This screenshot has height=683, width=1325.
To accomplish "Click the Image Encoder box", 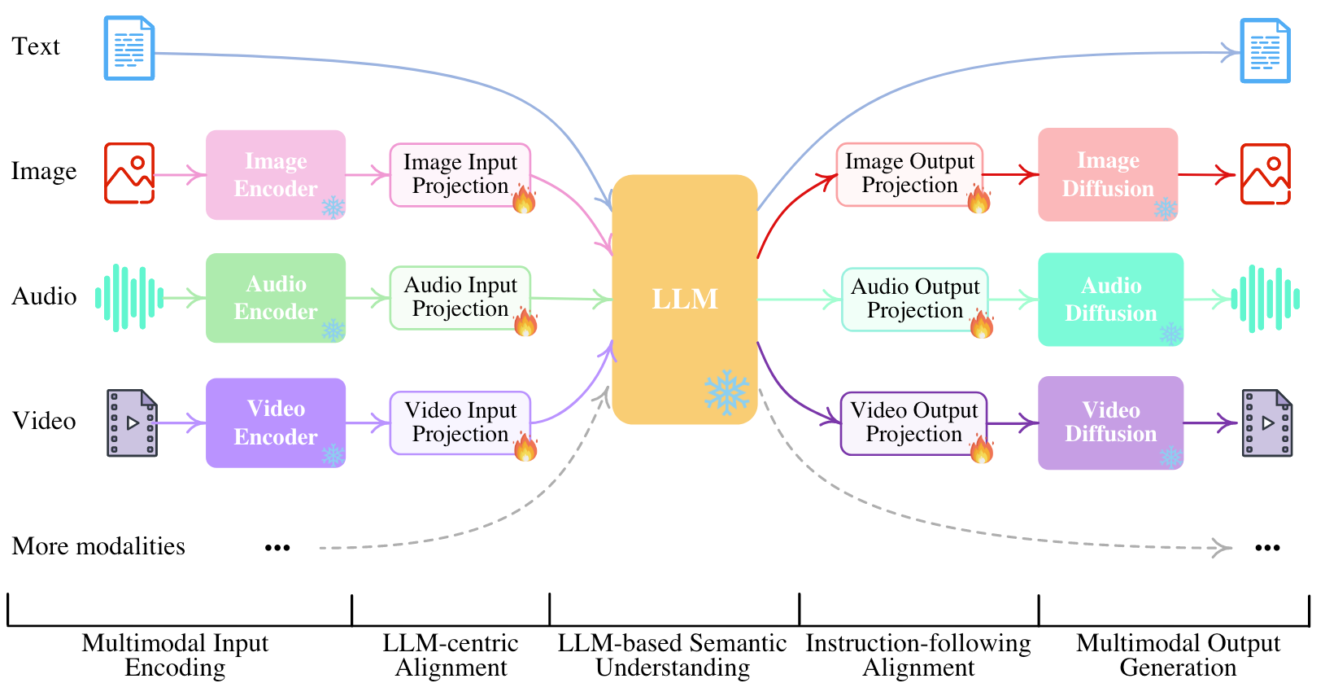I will (x=276, y=175).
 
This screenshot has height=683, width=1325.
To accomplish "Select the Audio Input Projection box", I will (x=460, y=298).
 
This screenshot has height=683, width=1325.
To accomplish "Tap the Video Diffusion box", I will (x=1110, y=422).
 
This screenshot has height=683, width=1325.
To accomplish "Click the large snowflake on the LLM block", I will (x=726, y=392).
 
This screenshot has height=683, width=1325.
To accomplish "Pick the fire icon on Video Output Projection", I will (x=982, y=449).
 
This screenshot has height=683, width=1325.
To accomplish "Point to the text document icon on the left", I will (x=129, y=49).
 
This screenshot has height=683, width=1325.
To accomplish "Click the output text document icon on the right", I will (x=1265, y=51).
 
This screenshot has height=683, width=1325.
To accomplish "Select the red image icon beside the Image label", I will (x=129, y=173).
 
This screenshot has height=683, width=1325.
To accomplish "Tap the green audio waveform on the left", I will (x=129, y=298).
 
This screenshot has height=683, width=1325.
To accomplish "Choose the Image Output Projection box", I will (x=909, y=174).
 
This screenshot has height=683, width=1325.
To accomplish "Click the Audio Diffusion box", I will (x=1110, y=300).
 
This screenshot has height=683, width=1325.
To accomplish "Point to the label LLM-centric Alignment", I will (x=451, y=655).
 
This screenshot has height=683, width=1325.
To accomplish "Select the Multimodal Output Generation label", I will (x=1178, y=655).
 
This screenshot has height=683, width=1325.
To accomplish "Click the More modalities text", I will (x=98, y=546).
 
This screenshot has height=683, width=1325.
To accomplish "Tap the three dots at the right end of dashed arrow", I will (x=1267, y=548).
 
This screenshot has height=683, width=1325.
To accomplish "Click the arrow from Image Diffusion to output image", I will (x=1207, y=174).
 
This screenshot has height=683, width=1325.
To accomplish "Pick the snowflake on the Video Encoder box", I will (x=333, y=454).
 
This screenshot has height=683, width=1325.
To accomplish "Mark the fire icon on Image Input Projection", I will (x=525, y=199).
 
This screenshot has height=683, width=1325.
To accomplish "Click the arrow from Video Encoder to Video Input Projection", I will (x=368, y=423).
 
